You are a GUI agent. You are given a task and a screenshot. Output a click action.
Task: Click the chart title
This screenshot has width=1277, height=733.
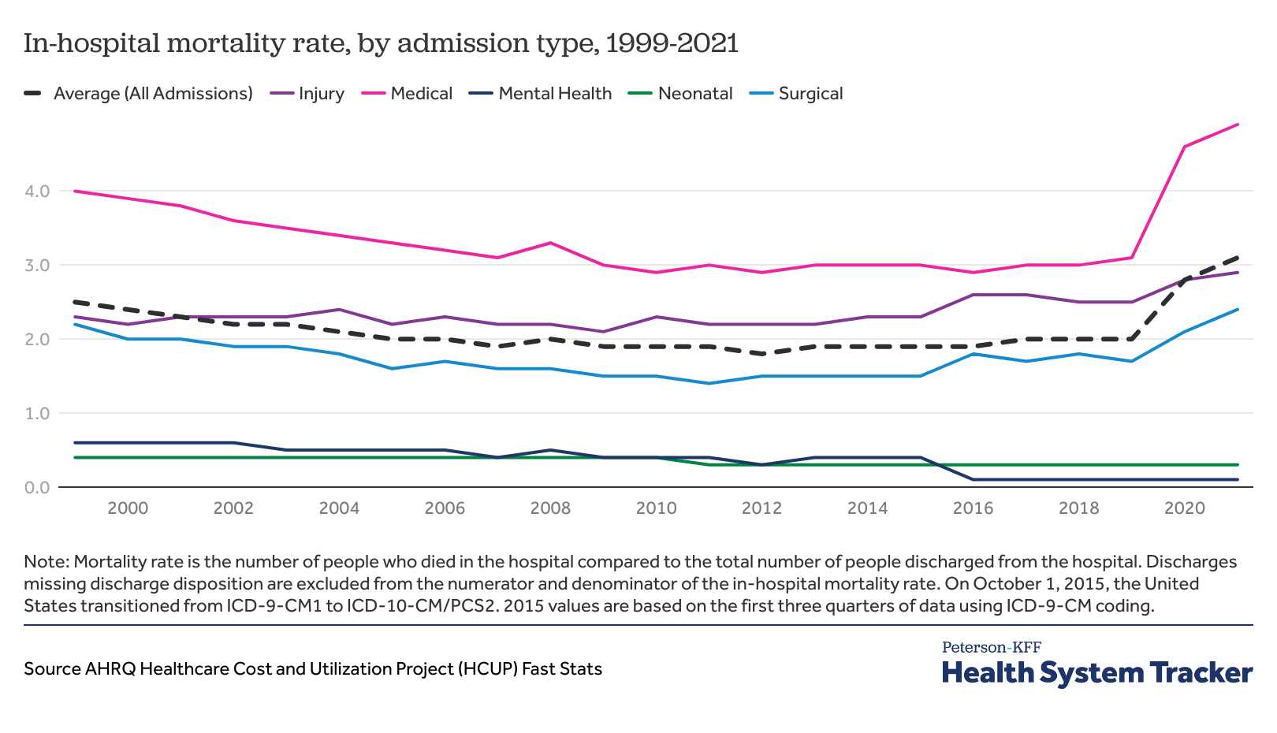pos(381,43)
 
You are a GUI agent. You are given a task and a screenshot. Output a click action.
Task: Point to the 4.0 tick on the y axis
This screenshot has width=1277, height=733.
pos(37,192)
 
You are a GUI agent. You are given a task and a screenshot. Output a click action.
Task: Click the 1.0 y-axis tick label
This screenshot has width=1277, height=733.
pos(37,414)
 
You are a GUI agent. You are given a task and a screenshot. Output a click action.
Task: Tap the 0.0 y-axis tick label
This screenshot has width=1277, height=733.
pos(37,488)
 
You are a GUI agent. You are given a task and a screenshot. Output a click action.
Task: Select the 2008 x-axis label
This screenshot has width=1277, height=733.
pos(550,508)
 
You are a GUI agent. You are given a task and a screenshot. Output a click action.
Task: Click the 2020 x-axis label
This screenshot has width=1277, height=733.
pos(1185,508)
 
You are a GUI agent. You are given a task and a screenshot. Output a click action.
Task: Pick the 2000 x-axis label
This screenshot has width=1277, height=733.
pos(128,508)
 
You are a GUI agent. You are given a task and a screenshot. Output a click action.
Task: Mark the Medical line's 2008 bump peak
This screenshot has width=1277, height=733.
pos(550,243)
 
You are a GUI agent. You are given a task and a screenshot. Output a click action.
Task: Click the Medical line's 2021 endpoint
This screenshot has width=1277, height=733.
pos(1238,125)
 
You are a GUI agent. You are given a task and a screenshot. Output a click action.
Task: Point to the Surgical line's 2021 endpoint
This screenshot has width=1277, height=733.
pos(1238,310)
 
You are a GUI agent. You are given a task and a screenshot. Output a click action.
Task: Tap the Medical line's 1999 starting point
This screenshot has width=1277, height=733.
pos(75,192)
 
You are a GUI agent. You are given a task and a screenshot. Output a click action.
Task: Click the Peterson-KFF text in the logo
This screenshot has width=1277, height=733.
pos(992,648)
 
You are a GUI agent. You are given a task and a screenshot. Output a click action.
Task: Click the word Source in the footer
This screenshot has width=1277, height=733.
pos(52,669)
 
